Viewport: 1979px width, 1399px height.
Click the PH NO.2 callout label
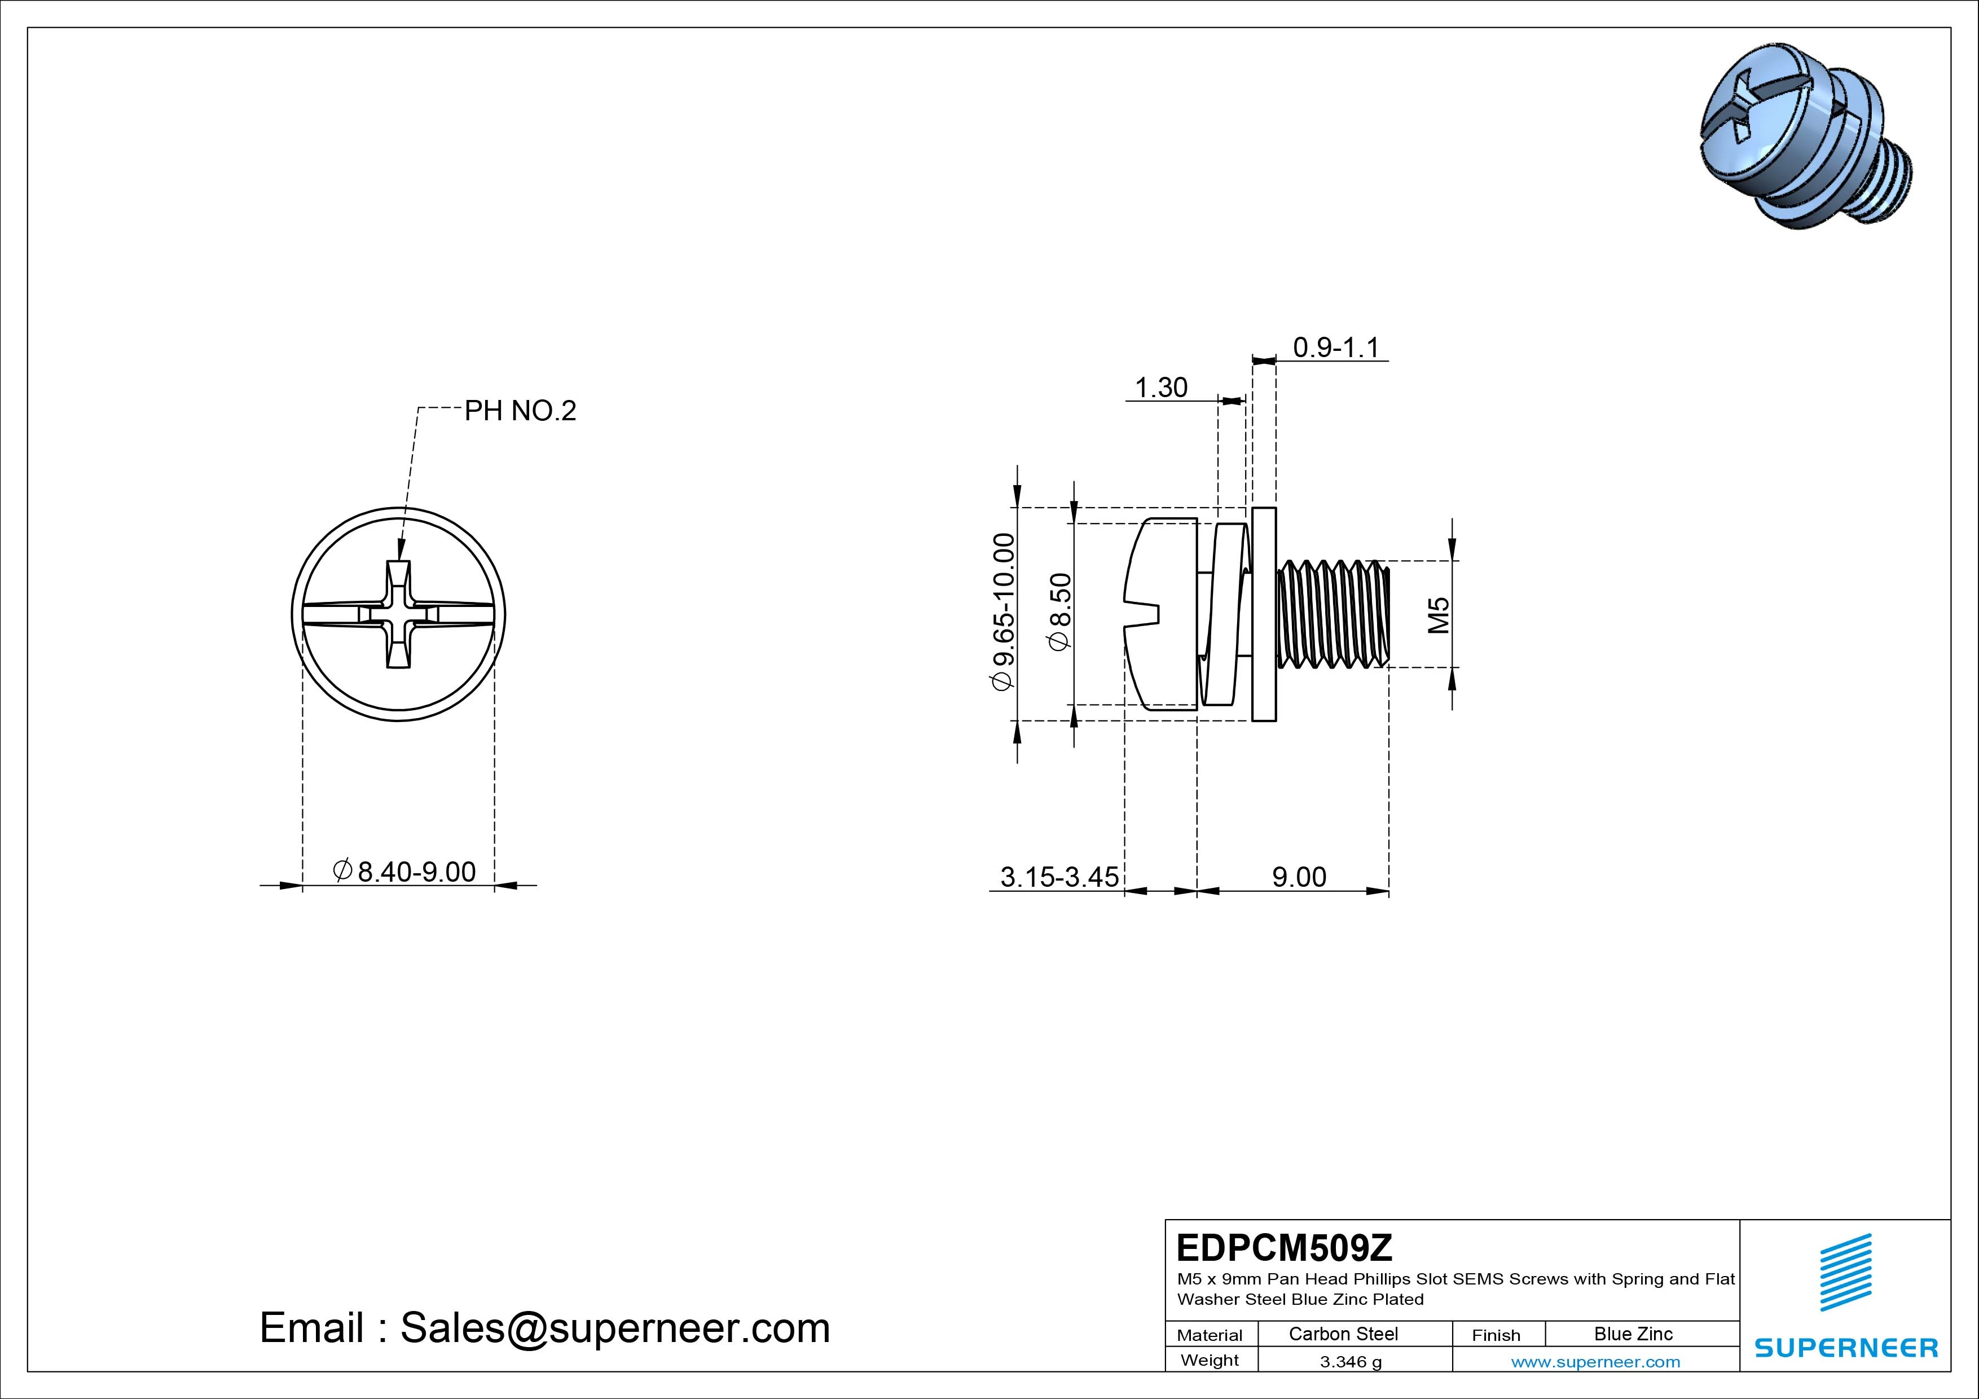[x=520, y=411]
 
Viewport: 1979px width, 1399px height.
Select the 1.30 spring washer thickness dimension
[x=1161, y=388]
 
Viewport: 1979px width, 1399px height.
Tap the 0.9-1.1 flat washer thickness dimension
[x=1336, y=347]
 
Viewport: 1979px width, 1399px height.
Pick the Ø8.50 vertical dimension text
[x=1060, y=612]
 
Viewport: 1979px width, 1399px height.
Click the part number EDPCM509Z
[x=1285, y=1247]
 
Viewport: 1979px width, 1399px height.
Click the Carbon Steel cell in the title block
[x=1343, y=1334]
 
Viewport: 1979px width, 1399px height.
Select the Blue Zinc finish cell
[x=1633, y=1334]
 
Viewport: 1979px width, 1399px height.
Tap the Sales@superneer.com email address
[x=614, y=1328]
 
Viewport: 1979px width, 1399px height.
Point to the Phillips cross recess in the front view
[x=398, y=614]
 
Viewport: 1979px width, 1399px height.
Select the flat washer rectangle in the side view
[x=1264, y=614]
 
